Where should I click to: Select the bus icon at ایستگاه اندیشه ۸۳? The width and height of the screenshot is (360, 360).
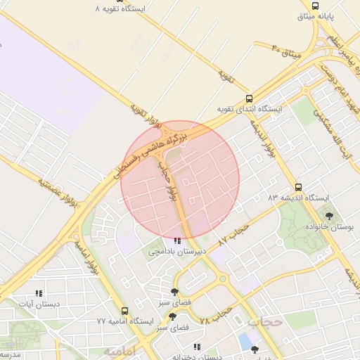pyautogui.click(x=299, y=188)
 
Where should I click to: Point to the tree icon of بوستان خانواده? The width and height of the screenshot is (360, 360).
pyautogui.click(x=329, y=217)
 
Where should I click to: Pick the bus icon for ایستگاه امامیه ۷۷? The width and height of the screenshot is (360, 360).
pyautogui.click(x=124, y=311)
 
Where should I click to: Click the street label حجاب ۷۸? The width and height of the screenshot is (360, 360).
pyautogui.click(x=215, y=314)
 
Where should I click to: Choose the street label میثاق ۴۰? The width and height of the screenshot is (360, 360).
pyautogui.click(x=285, y=50)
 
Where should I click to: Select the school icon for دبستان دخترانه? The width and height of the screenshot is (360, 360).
pyautogui.click(x=198, y=347)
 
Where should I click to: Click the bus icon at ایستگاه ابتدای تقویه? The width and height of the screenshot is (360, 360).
pyautogui.click(x=249, y=98)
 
